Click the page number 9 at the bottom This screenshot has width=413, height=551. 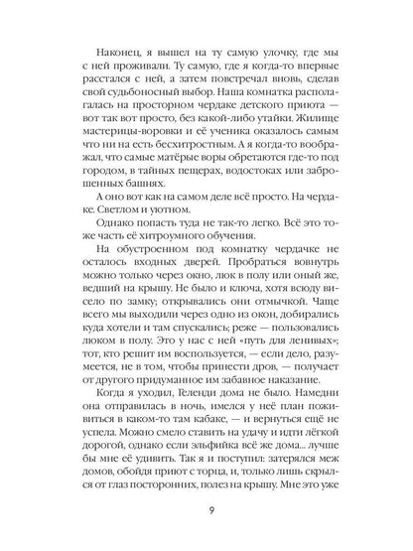click(x=206, y=513)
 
